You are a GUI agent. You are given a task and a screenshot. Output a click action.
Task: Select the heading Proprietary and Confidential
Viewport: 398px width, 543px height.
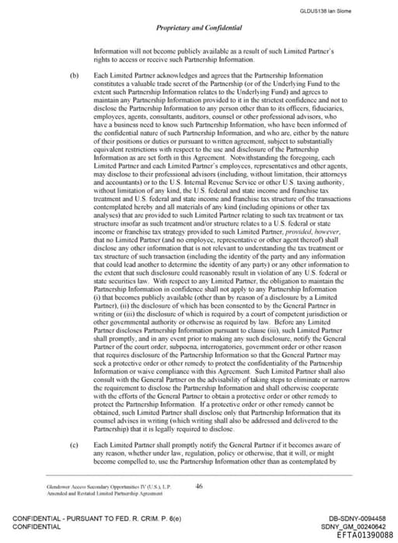pyautogui.click(x=198, y=28)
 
